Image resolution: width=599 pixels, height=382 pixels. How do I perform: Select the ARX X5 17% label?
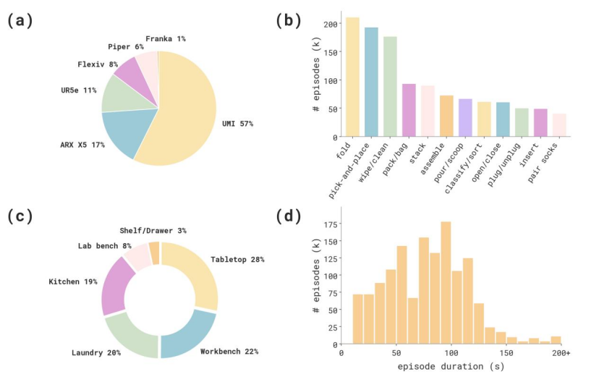[x=82, y=145]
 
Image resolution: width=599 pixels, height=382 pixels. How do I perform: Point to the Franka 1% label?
[x=166, y=38]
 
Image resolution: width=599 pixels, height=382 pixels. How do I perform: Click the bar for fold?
[x=352, y=77]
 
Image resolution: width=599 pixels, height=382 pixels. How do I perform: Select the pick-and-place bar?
[x=371, y=82]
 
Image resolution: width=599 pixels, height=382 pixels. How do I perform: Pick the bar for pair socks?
[x=559, y=125]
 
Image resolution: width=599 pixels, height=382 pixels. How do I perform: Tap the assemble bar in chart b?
[x=446, y=116]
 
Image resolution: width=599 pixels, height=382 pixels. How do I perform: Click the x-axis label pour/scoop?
[x=449, y=163]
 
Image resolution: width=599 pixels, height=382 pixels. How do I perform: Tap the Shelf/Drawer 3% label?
[x=153, y=230]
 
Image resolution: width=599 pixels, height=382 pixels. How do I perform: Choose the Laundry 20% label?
[x=96, y=352]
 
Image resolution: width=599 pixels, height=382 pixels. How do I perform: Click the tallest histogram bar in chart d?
[x=446, y=283]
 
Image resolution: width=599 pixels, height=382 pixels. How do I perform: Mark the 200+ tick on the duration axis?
[x=561, y=353]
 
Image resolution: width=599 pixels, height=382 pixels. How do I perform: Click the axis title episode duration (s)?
[x=451, y=367]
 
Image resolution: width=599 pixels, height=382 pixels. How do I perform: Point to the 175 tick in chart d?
[x=330, y=224]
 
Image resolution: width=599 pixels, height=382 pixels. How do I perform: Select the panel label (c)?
[x=20, y=216]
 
